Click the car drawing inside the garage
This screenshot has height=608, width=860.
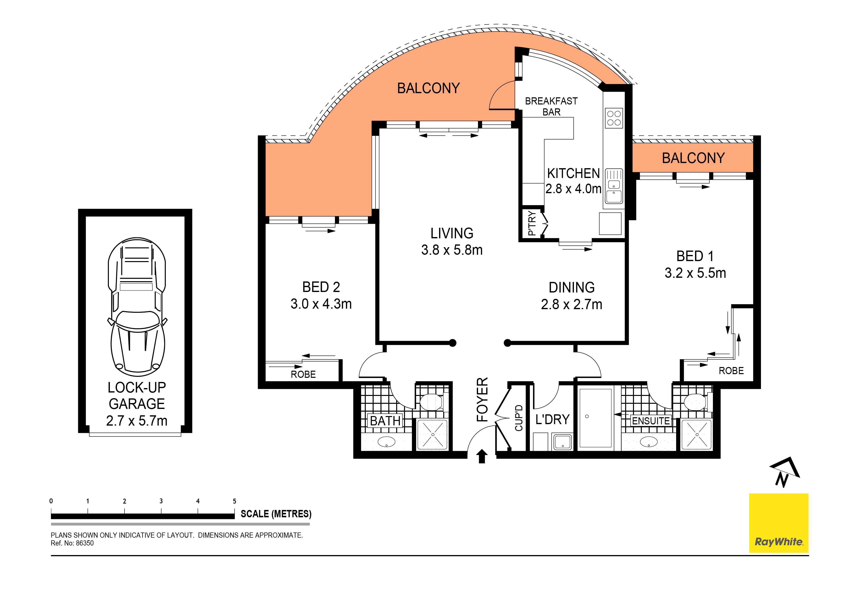point(137,307)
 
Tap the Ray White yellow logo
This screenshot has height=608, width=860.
point(778,523)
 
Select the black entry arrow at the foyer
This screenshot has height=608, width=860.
point(482,457)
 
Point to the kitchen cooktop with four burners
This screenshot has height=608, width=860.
point(614,118)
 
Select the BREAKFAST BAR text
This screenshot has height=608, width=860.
point(551,106)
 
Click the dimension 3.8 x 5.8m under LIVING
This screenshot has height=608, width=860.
point(452,250)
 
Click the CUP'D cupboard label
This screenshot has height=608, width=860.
point(519,418)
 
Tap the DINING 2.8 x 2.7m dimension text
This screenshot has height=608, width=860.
point(572,304)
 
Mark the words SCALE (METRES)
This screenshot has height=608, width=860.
point(276,514)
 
